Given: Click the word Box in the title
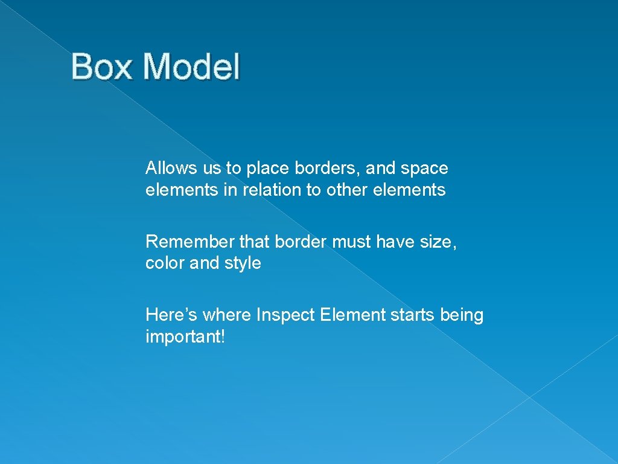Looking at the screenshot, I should tap(103, 66).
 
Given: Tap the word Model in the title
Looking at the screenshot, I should tap(191, 66).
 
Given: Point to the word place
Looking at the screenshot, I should tap(264, 169).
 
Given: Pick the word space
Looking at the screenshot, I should tap(425, 169).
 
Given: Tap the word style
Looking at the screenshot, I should tap(243, 264).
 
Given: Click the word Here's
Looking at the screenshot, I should tap(171, 315).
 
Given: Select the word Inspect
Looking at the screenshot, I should tap(286, 315).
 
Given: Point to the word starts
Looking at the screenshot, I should tap(412, 315).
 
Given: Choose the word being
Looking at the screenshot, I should tap(462, 315).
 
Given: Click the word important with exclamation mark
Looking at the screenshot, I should tap(185, 337).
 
